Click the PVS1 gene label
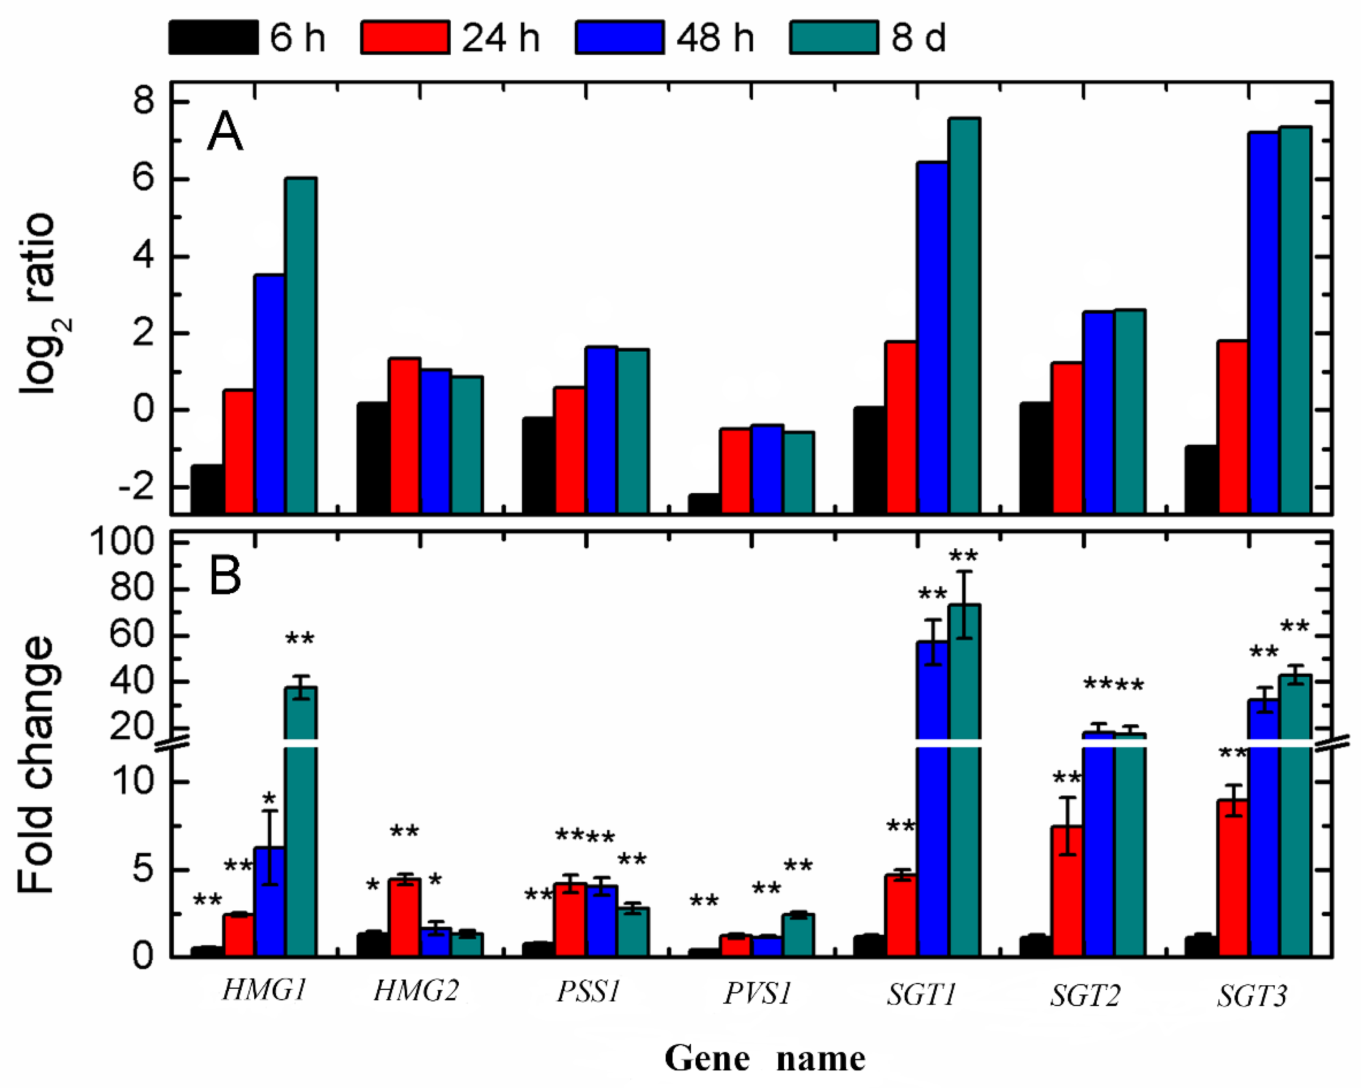(x=757, y=993)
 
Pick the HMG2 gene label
(x=416, y=991)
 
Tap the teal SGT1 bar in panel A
(x=964, y=315)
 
